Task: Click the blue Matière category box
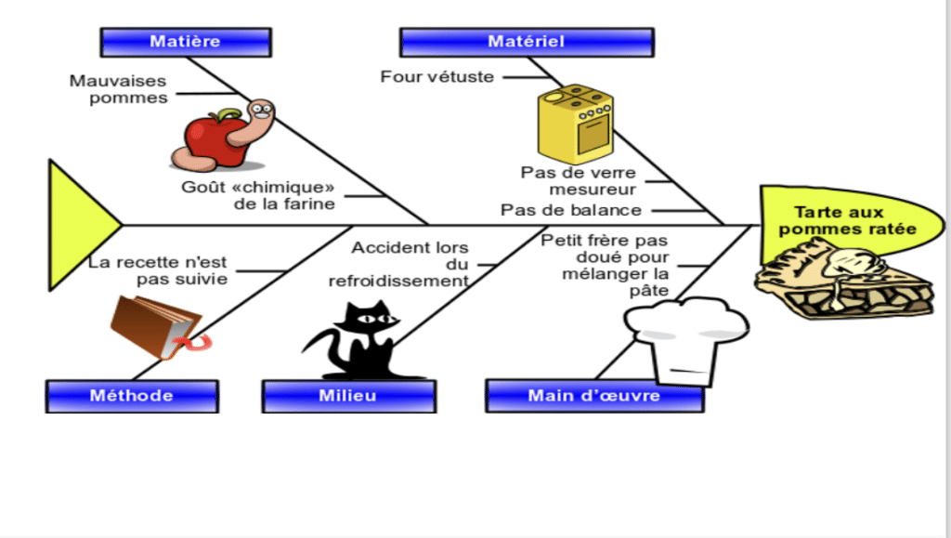point(185,42)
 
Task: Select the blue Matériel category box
point(526,42)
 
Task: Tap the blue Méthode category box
point(132,396)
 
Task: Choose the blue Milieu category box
point(348,396)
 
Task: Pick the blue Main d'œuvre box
point(593,396)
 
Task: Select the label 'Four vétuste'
point(436,77)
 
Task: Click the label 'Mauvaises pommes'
point(118,89)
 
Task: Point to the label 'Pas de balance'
point(571,210)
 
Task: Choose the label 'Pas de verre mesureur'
point(578,181)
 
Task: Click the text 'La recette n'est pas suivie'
point(158,270)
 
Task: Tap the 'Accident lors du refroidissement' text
point(410,265)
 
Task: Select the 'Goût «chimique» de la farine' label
point(258,195)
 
